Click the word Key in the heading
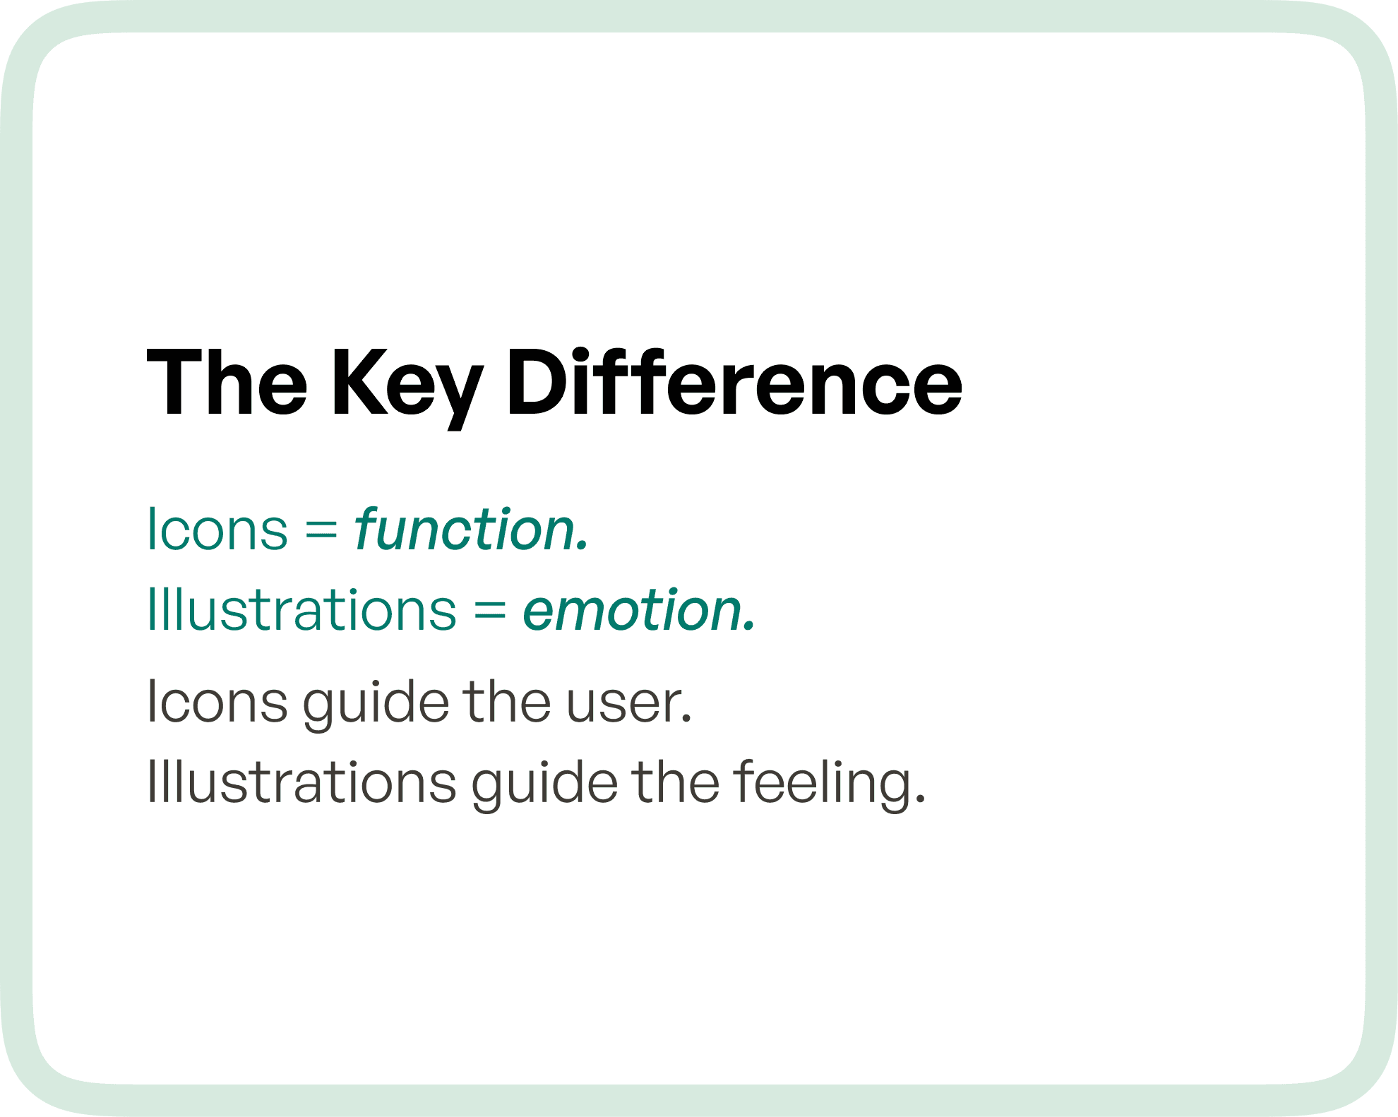(x=407, y=385)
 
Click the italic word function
(x=471, y=529)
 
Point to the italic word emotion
(x=638, y=609)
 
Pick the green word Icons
(x=217, y=529)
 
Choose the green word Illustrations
(x=301, y=609)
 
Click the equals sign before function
(x=321, y=530)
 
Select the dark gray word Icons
(x=217, y=702)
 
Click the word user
(x=628, y=703)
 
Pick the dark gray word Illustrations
(x=301, y=782)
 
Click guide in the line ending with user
(x=376, y=703)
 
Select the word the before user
(x=506, y=702)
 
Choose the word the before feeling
(x=675, y=782)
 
